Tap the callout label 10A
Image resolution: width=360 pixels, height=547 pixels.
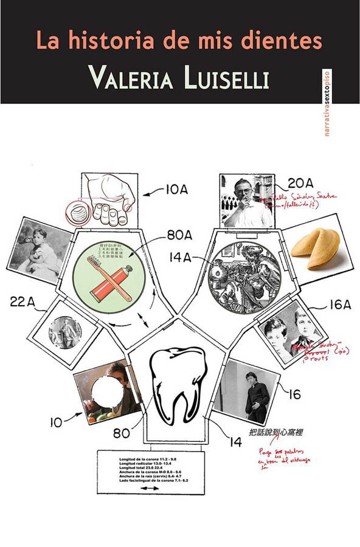[176, 190]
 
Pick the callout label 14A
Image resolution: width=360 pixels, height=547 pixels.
[180, 257]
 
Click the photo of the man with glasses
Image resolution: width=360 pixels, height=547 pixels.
[246, 201]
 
